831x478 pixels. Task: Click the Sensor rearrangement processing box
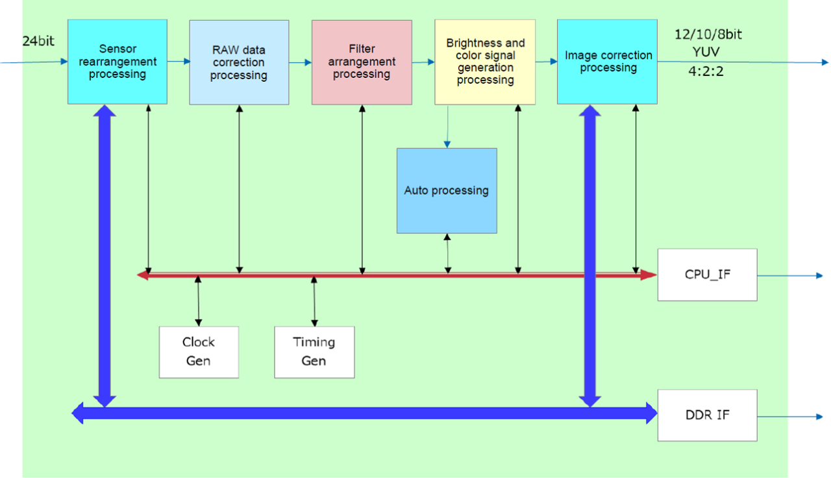coord(118,62)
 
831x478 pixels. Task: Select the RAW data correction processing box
coord(239,62)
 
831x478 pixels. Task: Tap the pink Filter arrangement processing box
coord(362,62)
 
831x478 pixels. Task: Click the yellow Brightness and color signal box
coord(485,62)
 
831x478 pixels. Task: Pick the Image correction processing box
coord(608,62)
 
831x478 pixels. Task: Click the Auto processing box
coord(447,190)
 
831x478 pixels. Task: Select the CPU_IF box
coord(707,274)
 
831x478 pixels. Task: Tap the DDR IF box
coord(707,415)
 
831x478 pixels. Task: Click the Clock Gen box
coord(199,351)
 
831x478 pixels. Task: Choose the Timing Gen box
coord(314,351)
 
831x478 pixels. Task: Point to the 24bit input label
coord(38,42)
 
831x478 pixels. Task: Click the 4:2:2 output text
coord(706,71)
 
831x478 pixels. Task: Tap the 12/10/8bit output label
coord(708,35)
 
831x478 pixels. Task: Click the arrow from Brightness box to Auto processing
coord(447,126)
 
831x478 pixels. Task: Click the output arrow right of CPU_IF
coord(789,275)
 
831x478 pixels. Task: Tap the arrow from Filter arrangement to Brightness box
coord(423,62)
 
